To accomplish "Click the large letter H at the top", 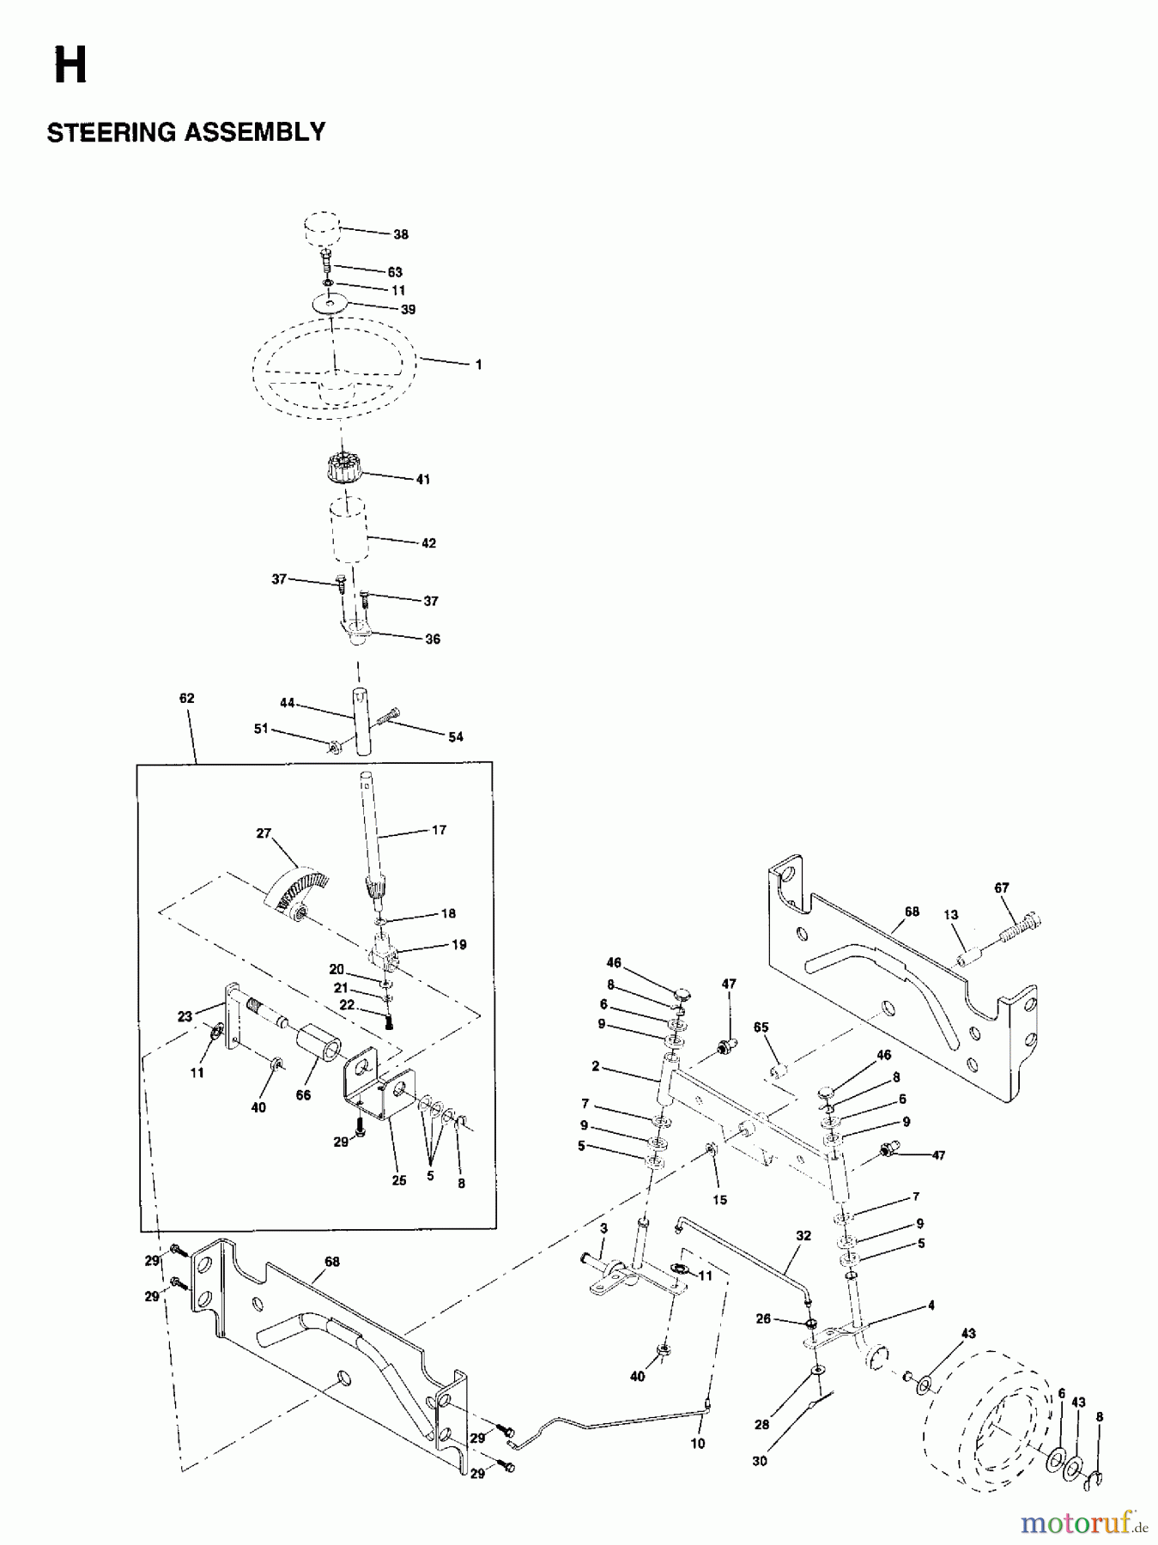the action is (70, 67).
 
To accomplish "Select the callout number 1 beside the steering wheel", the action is (478, 365).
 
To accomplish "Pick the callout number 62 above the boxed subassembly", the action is (186, 699).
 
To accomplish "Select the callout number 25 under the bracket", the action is (398, 1181).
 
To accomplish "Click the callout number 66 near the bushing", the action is (303, 1095).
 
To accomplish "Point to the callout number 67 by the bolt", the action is (1002, 888).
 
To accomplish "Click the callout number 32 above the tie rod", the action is (803, 1237).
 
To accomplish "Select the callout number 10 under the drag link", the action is (698, 1445).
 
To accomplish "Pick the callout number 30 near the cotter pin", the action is (760, 1461).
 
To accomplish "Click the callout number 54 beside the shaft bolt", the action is (455, 736).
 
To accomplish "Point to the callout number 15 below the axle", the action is (719, 1199).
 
